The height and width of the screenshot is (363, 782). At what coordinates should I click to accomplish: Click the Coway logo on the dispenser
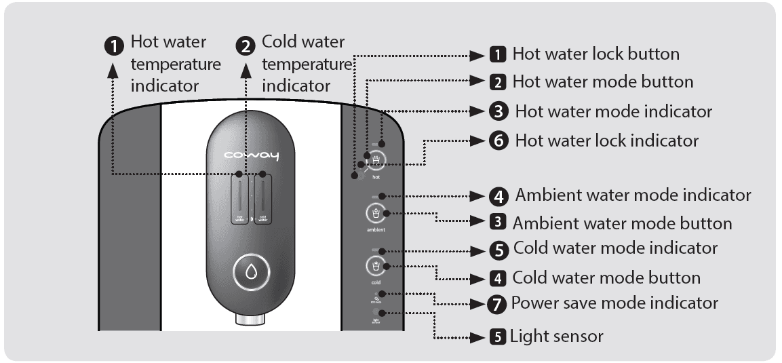251,157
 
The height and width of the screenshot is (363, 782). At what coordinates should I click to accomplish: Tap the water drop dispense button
251,272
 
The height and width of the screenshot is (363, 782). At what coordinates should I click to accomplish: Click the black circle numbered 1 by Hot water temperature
116,45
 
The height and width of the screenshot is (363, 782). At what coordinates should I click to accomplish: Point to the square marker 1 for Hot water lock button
498,54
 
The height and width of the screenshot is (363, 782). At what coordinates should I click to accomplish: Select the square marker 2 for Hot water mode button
498,83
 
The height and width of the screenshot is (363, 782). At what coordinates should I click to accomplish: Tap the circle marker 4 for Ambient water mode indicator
498,196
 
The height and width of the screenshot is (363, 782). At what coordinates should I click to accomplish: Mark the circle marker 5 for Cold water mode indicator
498,250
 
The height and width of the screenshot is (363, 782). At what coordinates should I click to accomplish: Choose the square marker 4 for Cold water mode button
498,278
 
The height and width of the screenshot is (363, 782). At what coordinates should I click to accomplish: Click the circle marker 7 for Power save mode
498,304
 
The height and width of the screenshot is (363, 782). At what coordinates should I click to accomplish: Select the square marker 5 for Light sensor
498,337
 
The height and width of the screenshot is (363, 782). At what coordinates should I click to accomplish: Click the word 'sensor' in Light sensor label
574,337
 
